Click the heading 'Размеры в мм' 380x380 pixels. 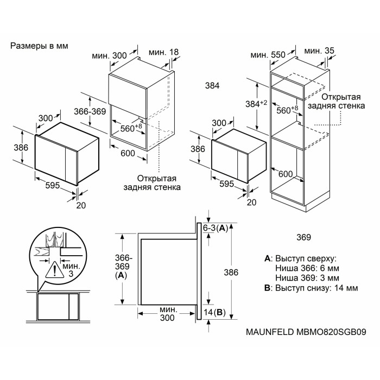click(39, 46)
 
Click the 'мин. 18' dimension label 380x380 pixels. click(163, 52)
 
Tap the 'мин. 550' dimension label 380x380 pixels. click(268, 55)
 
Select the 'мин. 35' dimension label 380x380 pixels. click(319, 51)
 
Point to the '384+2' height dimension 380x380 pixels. click(256, 104)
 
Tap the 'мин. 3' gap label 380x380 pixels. click(71, 270)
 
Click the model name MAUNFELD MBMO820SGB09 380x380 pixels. click(306, 332)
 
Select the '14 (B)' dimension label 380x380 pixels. click(214, 312)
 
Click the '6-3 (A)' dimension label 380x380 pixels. click(216, 228)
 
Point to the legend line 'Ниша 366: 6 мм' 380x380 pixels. click(307, 268)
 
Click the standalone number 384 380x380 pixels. click(212, 86)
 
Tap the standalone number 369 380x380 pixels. click(303, 237)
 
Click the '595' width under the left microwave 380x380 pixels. click(53, 186)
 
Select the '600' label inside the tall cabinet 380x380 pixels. click(286, 174)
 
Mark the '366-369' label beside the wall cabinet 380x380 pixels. click(90, 111)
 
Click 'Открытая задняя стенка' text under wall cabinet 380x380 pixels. click(152, 183)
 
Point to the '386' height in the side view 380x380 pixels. click(231, 273)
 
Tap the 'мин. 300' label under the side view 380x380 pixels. click(167, 314)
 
